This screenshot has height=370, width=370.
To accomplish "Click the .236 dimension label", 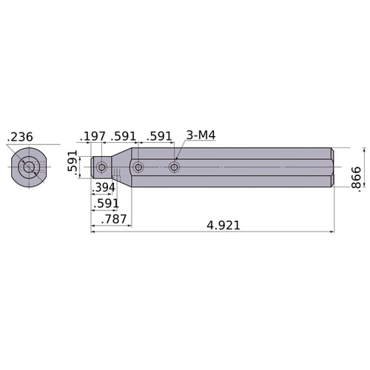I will point(20,137).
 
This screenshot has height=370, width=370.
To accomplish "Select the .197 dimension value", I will point(94,136).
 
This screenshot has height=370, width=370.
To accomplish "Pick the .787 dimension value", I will point(114,220).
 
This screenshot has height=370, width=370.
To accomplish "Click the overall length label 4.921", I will point(223,225).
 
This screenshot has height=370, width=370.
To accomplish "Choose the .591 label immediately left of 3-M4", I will point(159,136).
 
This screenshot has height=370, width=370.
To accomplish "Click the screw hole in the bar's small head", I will point(102,168).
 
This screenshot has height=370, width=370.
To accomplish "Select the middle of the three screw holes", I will point(138,168).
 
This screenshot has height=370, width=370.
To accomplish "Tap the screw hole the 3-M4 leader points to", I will point(175,168).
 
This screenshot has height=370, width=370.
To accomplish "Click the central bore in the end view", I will point(29,168).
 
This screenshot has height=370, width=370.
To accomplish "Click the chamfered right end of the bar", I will point(330,168).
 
